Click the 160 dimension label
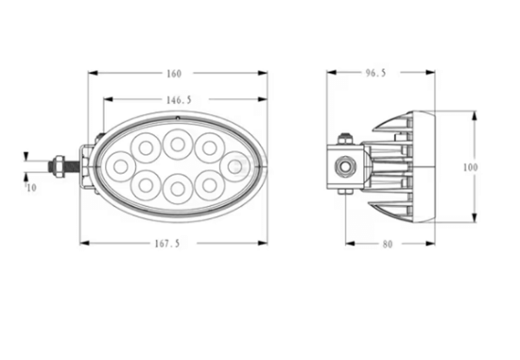click(174, 74)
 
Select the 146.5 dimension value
click(179, 100)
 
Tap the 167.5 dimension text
click(167, 244)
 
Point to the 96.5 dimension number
click(375, 73)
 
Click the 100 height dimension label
click(470, 167)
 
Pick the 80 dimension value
click(388, 245)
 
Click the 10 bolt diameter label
click(31, 188)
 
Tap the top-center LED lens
click(178, 144)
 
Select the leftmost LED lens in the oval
click(120, 166)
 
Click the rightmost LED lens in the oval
click(234, 166)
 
